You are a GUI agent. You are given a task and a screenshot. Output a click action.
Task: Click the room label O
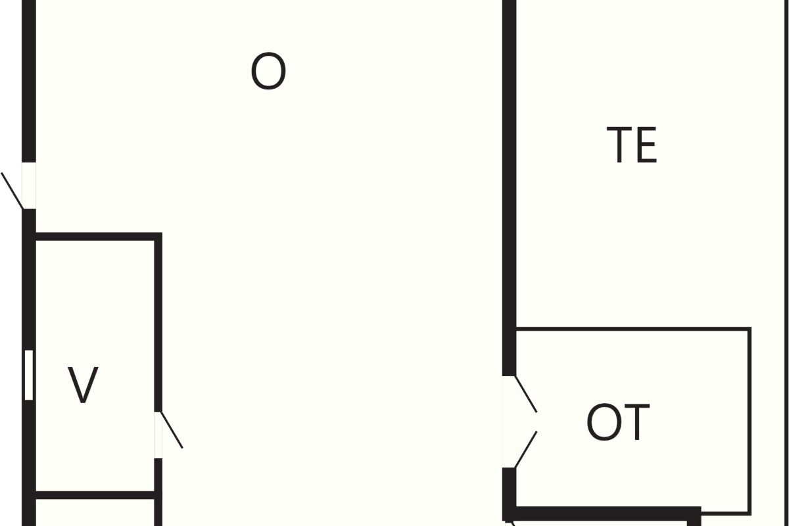tap(268, 71)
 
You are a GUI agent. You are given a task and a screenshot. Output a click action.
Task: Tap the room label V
tap(83, 385)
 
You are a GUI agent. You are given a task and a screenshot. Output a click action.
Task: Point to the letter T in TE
tap(619, 145)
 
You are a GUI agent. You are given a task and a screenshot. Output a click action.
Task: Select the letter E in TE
tap(647, 145)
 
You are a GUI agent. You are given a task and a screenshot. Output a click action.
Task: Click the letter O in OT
tap(604, 421)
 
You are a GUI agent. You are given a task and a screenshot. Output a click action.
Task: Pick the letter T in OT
tap(636, 422)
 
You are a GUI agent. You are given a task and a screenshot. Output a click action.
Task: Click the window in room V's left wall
tap(29, 375)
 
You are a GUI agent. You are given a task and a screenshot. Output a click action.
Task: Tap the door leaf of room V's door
tap(172, 430)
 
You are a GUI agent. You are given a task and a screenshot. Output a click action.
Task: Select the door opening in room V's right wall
tap(158, 435)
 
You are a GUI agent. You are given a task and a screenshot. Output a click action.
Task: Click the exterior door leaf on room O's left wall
tap(12, 191)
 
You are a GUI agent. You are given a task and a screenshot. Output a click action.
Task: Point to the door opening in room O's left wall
tap(29, 185)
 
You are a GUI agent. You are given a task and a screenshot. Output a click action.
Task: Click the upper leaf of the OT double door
tap(526, 394)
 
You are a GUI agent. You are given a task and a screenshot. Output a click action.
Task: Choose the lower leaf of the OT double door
tap(526, 450)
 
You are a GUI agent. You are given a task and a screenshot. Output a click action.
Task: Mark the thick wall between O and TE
tap(510, 188)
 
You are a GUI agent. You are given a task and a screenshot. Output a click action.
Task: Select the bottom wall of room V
tap(95, 495)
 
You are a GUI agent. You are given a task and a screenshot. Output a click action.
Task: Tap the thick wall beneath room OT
tap(602, 513)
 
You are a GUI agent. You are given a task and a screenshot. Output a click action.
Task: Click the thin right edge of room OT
tap(750, 421)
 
